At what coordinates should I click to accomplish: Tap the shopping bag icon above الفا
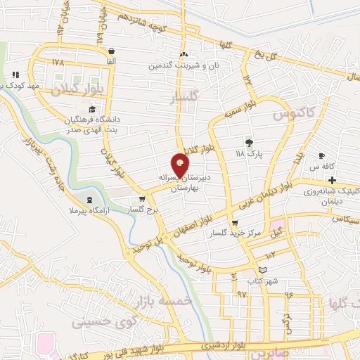[x=112, y=51]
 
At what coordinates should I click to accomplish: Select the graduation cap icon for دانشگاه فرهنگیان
[x=92, y=109]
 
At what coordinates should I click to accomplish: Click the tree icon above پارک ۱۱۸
[x=247, y=143]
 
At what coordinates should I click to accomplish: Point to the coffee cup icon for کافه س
[x=321, y=156]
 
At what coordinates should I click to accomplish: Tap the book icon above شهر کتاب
[x=263, y=270]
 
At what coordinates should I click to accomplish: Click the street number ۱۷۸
[x=58, y=62]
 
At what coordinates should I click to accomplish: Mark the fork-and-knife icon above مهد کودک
[x=15, y=75]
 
